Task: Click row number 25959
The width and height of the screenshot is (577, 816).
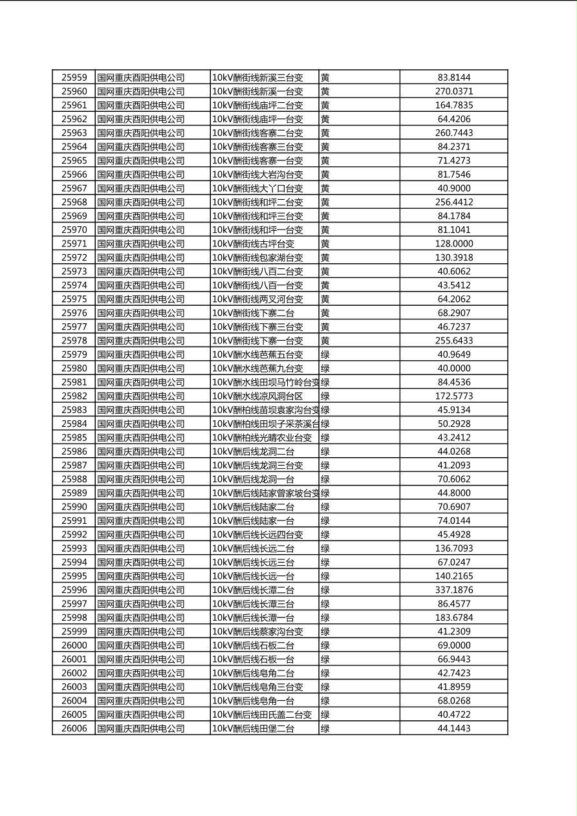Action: point(74,78)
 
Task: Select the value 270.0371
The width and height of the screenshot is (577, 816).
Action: point(453,92)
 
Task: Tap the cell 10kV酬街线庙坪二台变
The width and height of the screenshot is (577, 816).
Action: point(257,105)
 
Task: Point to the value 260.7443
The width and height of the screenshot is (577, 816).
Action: point(453,133)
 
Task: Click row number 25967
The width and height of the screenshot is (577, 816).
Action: point(74,188)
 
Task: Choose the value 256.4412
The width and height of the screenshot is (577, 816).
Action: point(453,202)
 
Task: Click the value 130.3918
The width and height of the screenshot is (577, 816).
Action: point(453,257)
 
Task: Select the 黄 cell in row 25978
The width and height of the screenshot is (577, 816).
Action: point(325,341)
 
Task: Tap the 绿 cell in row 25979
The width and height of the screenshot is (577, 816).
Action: point(325,354)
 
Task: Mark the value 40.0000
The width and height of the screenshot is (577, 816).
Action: point(453,369)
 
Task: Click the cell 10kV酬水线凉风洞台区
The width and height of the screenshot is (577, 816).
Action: point(257,396)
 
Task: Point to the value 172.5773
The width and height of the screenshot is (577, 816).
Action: point(453,396)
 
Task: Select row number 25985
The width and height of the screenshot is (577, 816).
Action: point(74,438)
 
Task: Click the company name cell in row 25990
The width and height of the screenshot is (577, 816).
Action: point(141,507)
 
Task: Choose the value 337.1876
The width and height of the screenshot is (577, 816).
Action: point(453,590)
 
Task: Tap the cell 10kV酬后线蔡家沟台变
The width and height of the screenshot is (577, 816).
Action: point(257,632)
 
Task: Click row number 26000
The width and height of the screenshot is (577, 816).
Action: point(74,645)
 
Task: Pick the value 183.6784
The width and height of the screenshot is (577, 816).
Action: point(453,617)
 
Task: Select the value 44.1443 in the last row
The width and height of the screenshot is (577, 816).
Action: point(453,729)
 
